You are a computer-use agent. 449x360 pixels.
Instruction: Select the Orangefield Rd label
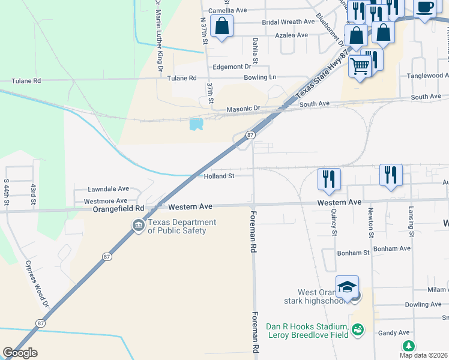(x=119, y=208)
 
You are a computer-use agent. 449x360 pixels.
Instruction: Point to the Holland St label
(x=218, y=176)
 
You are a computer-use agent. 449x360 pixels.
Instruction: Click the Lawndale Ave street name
(x=109, y=188)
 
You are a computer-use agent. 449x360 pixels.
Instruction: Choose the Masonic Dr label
(x=243, y=109)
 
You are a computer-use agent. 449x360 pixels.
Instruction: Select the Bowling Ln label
(x=260, y=77)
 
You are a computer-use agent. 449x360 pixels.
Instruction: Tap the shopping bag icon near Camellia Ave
(x=222, y=26)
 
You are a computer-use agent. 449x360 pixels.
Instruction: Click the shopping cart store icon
(x=359, y=66)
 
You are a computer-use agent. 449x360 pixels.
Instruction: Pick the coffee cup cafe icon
(x=425, y=8)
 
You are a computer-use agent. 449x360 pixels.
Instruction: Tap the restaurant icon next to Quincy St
(x=329, y=179)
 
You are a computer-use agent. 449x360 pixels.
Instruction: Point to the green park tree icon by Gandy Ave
(x=409, y=346)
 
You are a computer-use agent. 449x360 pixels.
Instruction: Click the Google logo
(x=20, y=353)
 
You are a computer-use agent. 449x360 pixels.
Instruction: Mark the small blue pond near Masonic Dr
(x=196, y=124)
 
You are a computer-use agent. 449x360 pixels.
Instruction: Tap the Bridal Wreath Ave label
(x=288, y=22)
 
